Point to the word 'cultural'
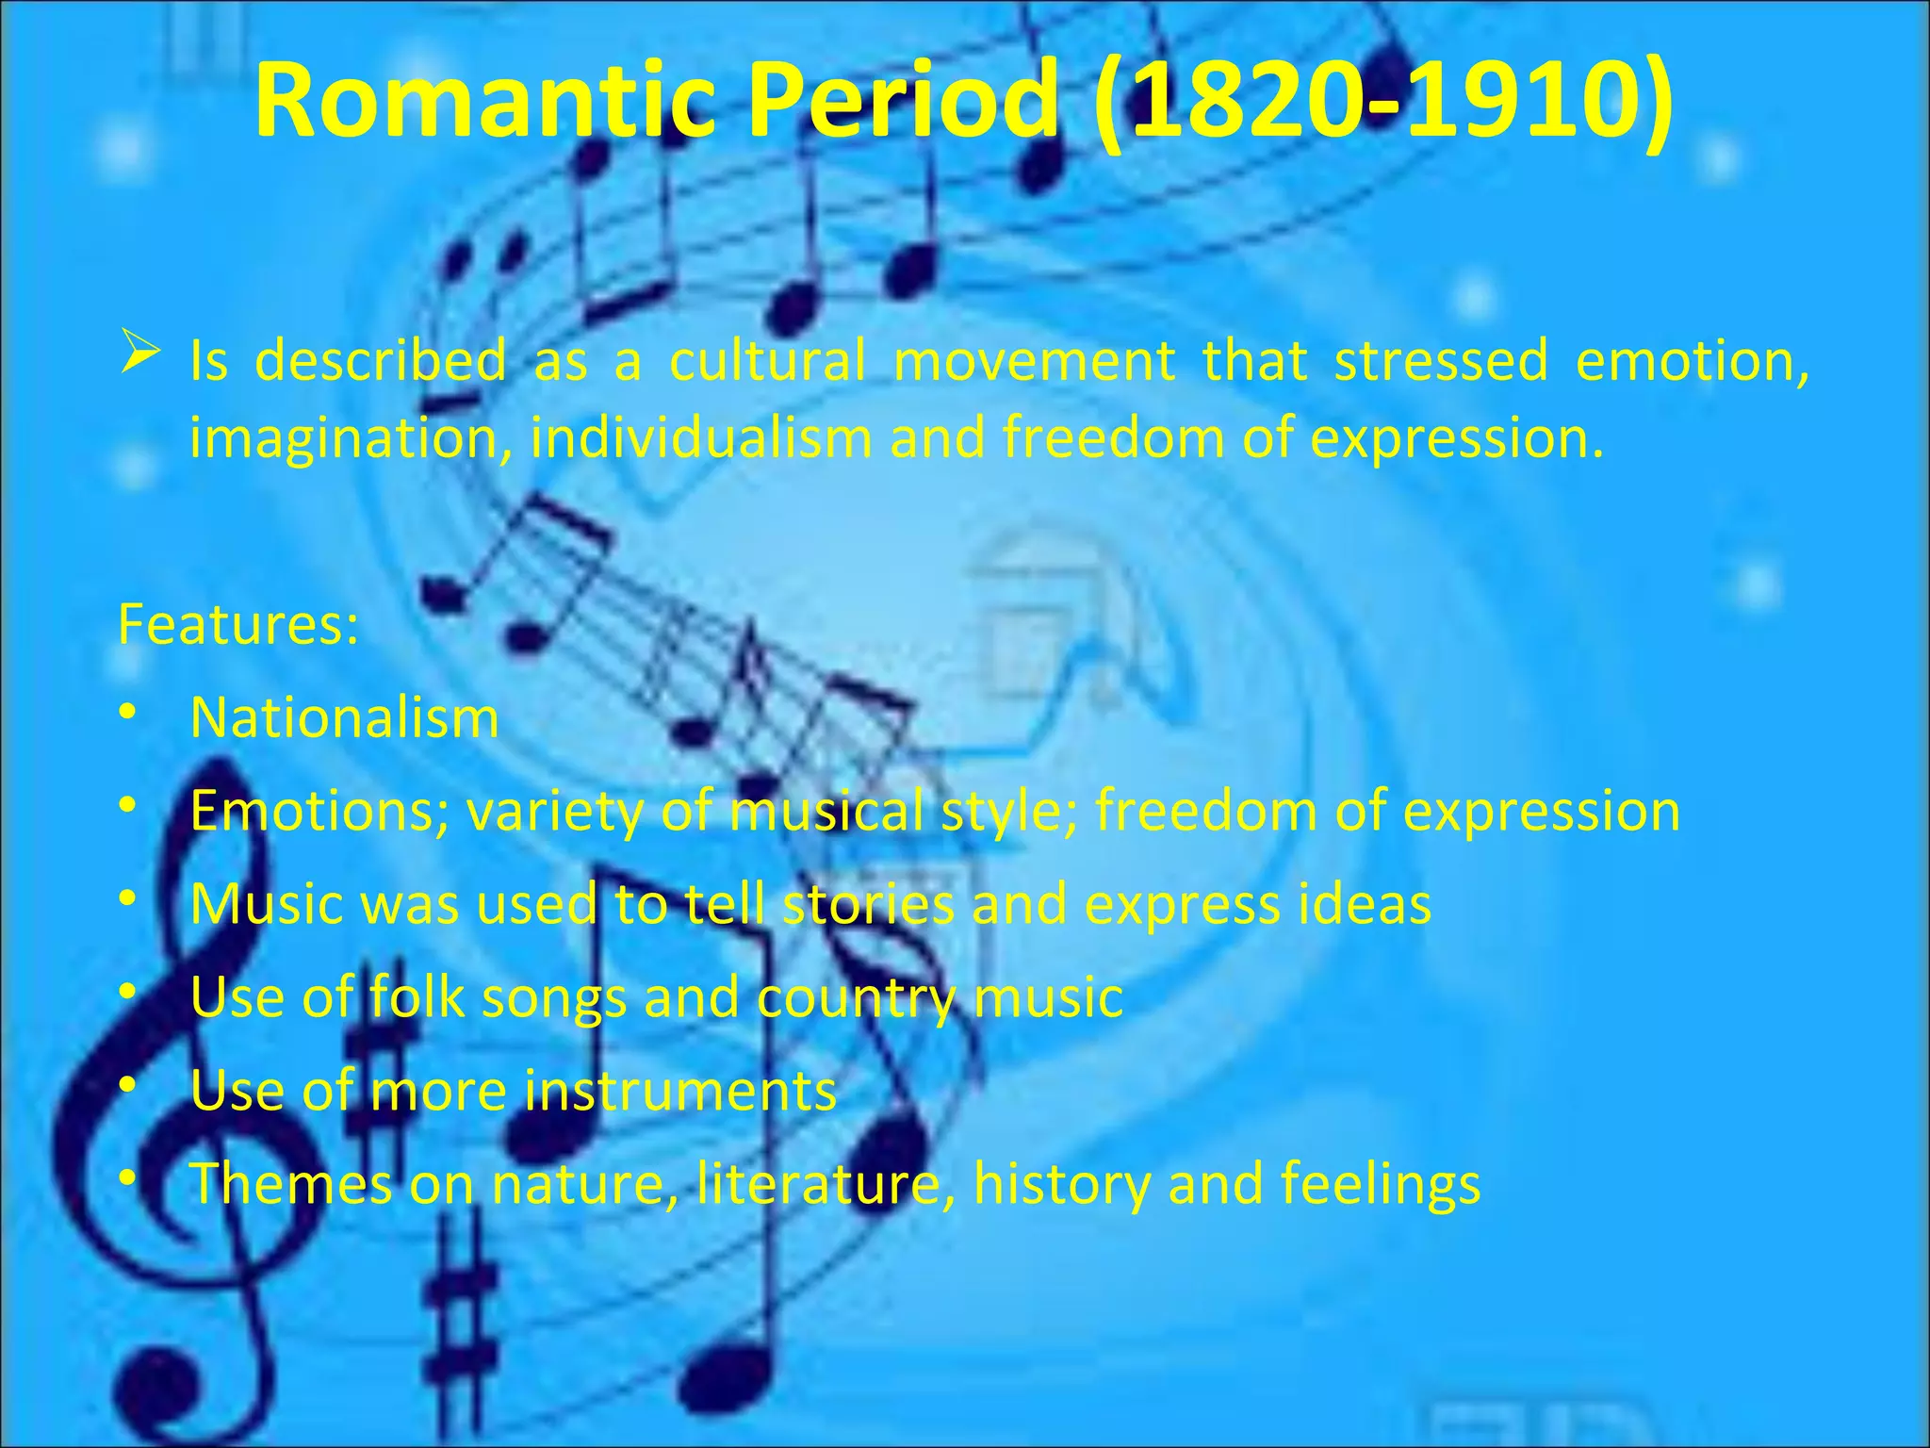767,360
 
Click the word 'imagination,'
351,439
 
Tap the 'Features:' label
238,624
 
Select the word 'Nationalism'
344,718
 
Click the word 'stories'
868,903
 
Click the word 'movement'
1034,360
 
